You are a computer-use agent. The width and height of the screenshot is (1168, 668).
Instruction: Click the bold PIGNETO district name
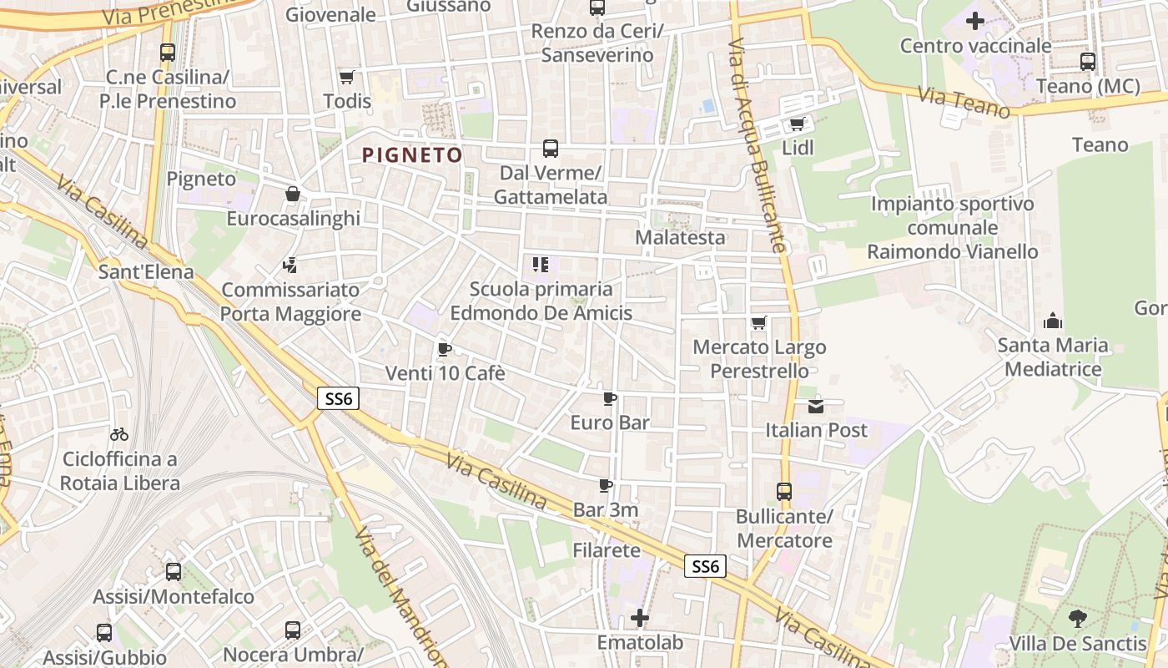pyautogui.click(x=412, y=155)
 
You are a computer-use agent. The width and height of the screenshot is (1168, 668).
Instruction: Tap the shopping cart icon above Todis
pyautogui.click(x=347, y=77)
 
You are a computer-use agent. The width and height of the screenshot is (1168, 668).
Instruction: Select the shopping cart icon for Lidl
pyautogui.click(x=798, y=124)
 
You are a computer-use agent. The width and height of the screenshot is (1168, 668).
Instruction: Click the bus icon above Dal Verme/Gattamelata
pyautogui.click(x=551, y=149)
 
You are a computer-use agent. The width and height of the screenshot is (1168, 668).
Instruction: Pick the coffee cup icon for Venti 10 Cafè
pyautogui.click(x=445, y=349)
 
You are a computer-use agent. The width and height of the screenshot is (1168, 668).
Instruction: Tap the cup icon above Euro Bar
pyautogui.click(x=610, y=398)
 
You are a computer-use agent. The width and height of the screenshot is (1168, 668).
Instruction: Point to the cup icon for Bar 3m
pyautogui.click(x=606, y=485)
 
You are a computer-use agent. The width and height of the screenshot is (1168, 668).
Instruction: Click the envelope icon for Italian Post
pyautogui.click(x=816, y=407)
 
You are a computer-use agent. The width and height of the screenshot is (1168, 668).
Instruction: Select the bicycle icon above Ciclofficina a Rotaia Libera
pyautogui.click(x=119, y=434)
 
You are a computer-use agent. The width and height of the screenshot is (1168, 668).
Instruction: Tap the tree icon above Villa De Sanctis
pyautogui.click(x=1077, y=619)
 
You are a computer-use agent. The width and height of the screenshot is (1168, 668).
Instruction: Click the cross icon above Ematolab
pyautogui.click(x=640, y=618)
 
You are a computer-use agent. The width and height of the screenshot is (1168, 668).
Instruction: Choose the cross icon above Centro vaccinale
pyautogui.click(x=974, y=21)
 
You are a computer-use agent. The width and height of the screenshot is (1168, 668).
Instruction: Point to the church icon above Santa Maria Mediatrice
pyautogui.click(x=1053, y=321)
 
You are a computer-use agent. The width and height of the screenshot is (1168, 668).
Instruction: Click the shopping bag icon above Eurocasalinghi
pyautogui.click(x=293, y=195)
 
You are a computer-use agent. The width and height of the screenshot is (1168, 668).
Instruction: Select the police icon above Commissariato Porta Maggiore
pyautogui.click(x=290, y=266)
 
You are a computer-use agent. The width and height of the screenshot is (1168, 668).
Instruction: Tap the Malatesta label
pyautogui.click(x=680, y=237)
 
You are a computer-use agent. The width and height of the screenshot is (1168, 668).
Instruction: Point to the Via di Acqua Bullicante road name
pyautogui.click(x=756, y=146)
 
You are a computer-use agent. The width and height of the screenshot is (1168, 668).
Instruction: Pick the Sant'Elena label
pyautogui.click(x=146, y=271)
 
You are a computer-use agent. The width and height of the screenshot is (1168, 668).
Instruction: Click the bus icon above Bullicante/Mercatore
pyautogui.click(x=784, y=492)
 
